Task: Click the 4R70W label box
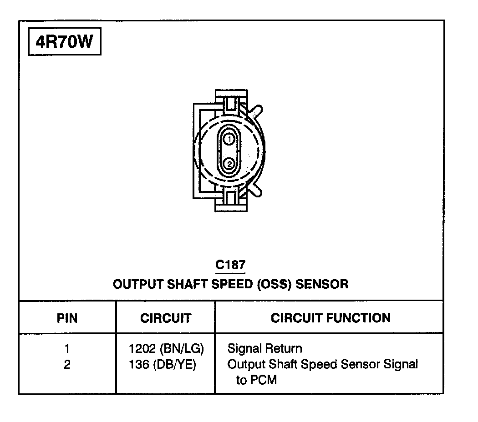point(64,42)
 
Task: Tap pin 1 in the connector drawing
point(230,138)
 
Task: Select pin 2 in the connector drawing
point(230,163)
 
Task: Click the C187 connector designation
point(230,265)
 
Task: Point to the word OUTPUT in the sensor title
point(137,285)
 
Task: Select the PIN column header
point(67,318)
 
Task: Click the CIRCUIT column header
point(166,318)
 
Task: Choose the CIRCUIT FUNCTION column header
point(331,317)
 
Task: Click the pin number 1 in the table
point(67,349)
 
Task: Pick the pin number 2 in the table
point(67,365)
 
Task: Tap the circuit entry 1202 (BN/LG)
point(166,349)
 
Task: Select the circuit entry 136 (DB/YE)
point(163,365)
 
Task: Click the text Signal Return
point(264,349)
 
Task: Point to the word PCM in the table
point(263,380)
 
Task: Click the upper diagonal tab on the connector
point(255,112)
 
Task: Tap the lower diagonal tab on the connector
point(255,190)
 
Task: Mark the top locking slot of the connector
point(231,103)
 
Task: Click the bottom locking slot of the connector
point(231,199)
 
